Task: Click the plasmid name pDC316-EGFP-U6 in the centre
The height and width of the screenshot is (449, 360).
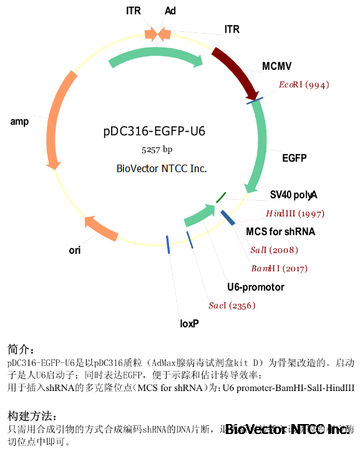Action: click(x=153, y=132)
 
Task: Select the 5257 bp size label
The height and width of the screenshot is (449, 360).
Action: click(x=156, y=150)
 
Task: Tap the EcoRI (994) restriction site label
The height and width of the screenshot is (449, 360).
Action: click(x=304, y=85)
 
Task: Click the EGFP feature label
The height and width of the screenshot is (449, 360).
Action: click(x=294, y=158)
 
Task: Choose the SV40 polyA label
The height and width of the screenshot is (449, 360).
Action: click(x=294, y=194)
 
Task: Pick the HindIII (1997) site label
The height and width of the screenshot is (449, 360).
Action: click(x=295, y=213)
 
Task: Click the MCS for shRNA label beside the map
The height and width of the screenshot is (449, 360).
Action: click(x=281, y=231)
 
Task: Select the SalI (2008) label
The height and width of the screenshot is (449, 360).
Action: click(x=274, y=250)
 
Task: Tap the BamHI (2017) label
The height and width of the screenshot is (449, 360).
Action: click(x=279, y=268)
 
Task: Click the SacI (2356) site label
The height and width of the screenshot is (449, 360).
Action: click(x=231, y=306)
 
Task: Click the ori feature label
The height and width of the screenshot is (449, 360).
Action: click(x=75, y=251)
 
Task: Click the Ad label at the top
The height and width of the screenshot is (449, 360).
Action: click(x=170, y=11)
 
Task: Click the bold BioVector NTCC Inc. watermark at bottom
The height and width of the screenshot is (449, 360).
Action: click(x=288, y=429)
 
